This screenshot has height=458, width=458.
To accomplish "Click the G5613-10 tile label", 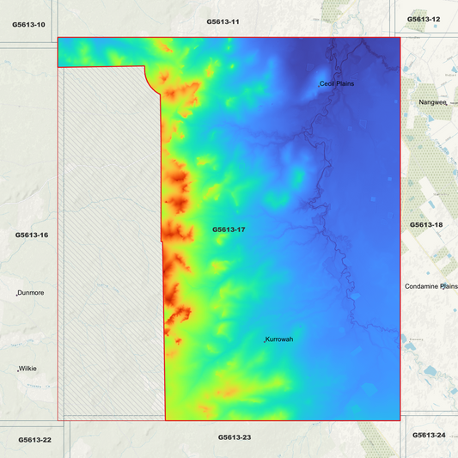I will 29,25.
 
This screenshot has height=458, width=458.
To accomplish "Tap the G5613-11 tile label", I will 223,21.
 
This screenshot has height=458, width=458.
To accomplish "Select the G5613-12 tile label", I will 424,18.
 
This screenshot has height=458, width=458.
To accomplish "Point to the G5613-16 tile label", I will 32,235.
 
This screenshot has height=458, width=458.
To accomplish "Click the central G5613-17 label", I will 229,229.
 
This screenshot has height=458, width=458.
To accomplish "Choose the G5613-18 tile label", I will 426,224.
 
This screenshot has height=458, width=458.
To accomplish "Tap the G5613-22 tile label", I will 35,440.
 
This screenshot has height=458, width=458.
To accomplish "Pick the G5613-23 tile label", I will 235,437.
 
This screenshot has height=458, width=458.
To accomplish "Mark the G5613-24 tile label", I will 429,436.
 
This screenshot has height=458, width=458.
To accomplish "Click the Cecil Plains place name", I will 338,83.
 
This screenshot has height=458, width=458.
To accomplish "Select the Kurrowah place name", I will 280,339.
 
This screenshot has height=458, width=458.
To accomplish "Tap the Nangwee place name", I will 433,101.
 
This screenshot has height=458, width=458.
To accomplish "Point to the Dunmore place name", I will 32,292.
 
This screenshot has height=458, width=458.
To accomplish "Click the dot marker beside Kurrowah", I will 264,342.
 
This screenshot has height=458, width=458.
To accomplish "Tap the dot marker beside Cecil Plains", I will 319,85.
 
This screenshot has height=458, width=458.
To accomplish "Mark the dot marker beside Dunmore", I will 18,294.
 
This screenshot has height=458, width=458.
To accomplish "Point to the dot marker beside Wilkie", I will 18,370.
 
